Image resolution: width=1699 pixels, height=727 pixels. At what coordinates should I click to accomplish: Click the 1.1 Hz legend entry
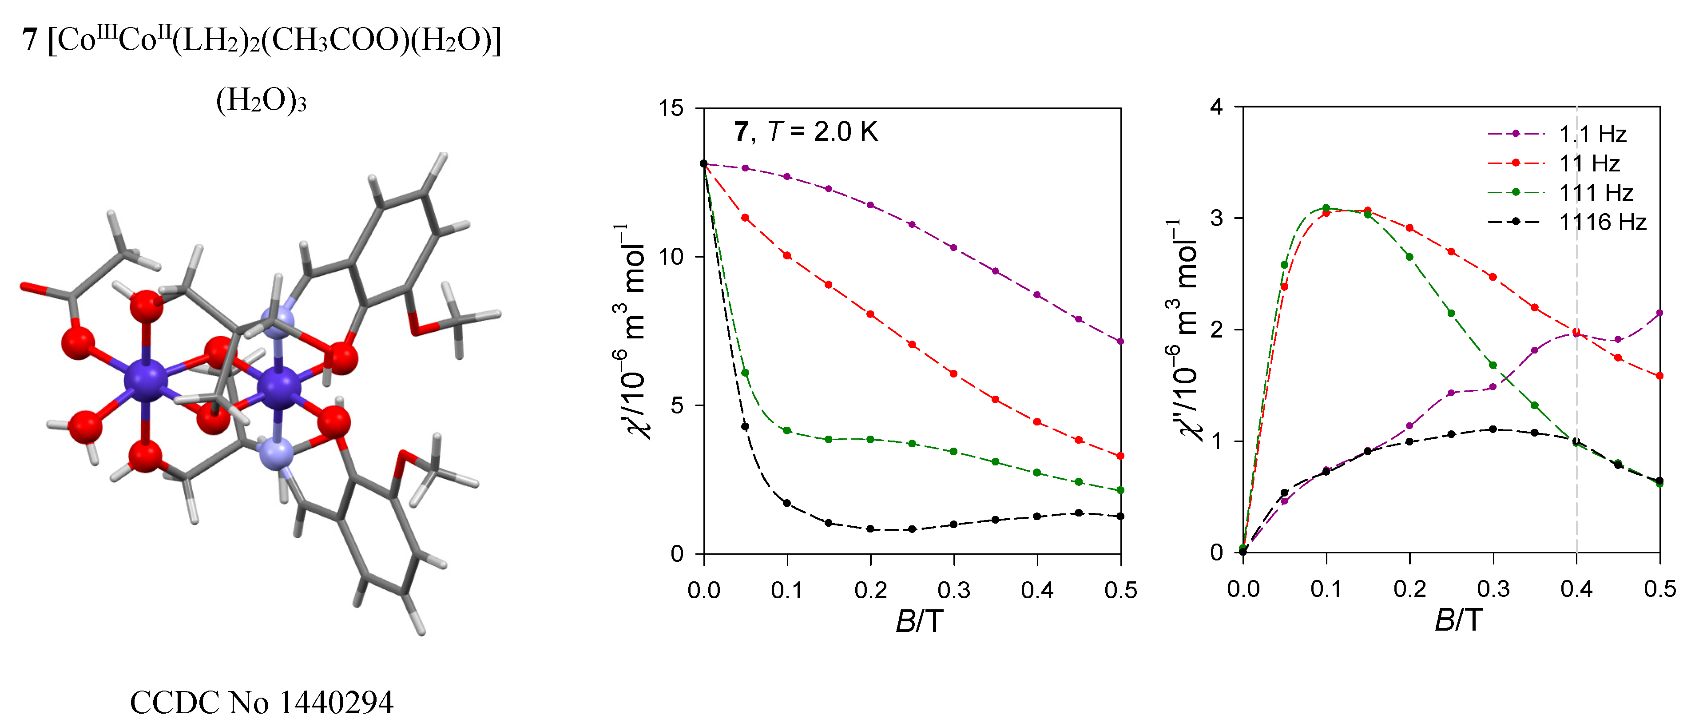(1592, 135)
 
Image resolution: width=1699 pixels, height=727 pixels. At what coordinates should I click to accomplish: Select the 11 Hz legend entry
(1589, 163)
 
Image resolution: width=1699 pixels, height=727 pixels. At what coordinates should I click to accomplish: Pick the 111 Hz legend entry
(1596, 193)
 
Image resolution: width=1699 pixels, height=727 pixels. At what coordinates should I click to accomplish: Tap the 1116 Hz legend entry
(1602, 222)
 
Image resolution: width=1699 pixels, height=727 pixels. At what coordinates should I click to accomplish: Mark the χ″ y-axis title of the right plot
(1183, 330)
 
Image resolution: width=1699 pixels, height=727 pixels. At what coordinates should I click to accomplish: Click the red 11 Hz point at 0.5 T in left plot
(1120, 456)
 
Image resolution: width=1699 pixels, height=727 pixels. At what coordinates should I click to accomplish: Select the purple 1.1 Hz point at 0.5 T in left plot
(1120, 342)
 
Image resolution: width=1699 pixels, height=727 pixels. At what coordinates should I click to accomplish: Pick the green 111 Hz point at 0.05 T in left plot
(745, 373)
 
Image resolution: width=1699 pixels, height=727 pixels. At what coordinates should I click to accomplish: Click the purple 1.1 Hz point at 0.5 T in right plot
(1660, 314)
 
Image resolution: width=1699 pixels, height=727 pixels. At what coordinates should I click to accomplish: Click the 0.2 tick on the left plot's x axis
(871, 590)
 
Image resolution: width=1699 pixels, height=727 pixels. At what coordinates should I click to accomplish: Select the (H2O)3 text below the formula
(261, 101)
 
